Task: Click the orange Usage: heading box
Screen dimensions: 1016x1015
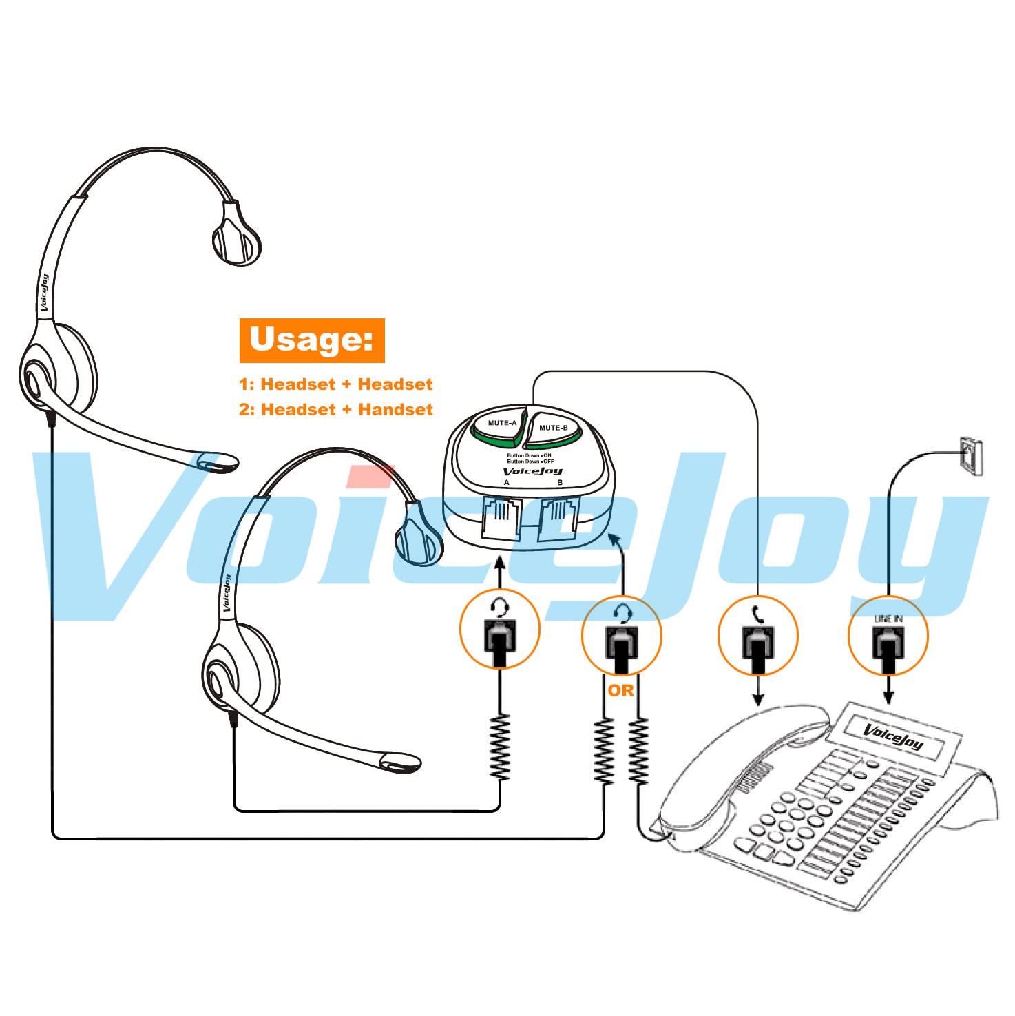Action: tap(312, 340)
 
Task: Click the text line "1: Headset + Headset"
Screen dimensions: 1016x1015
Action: tap(336, 384)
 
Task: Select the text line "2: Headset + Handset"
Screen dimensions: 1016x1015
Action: tap(336, 410)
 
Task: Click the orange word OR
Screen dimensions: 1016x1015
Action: tap(620, 690)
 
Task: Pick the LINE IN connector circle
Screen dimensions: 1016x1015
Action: tap(888, 635)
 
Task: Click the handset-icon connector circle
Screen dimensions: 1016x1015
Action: tap(757, 635)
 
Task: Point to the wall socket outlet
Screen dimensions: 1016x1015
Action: tap(971, 455)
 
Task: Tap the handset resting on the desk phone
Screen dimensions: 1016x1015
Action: tap(744, 765)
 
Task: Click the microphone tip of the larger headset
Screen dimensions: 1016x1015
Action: tap(218, 462)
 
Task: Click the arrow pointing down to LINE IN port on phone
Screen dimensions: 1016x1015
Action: tap(888, 692)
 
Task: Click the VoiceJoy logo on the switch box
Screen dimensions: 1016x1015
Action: tap(533, 472)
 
